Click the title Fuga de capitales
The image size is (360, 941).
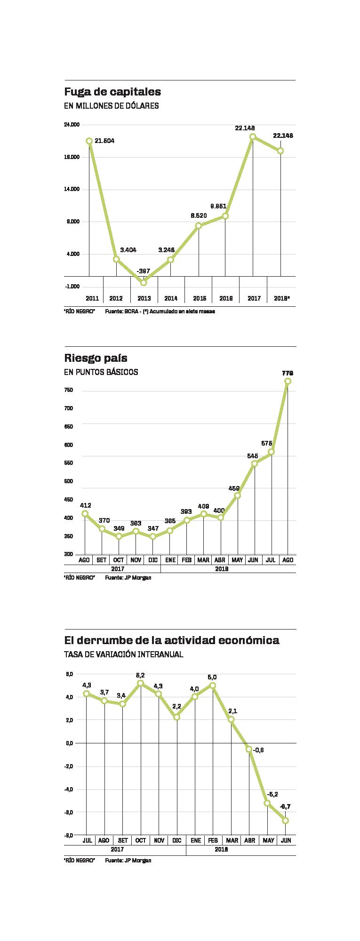112,91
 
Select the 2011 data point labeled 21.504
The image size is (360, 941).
89,141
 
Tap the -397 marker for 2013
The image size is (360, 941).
144,282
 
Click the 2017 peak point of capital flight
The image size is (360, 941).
253,136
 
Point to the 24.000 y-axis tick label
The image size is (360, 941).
72,125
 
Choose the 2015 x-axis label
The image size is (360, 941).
199,298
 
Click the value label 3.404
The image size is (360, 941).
128,249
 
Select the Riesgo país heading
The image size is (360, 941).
96,358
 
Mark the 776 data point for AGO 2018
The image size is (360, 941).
288,381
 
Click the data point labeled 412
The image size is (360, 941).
85,513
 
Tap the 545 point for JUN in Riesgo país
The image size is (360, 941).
254,463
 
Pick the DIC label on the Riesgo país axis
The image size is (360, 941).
152,560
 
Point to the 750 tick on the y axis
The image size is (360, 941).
69,390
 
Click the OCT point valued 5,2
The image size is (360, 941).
140,683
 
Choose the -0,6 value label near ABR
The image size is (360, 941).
258,750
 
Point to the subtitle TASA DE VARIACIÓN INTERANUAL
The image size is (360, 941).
123,654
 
